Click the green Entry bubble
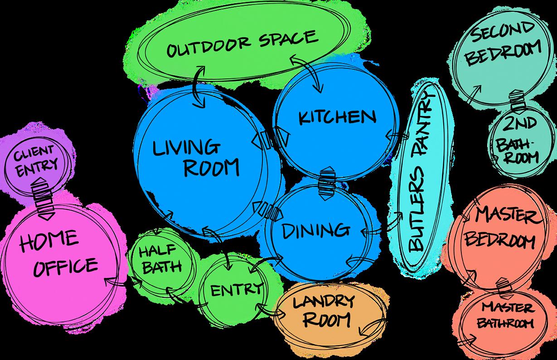tap(236, 288)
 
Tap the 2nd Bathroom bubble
tap(517, 140)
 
